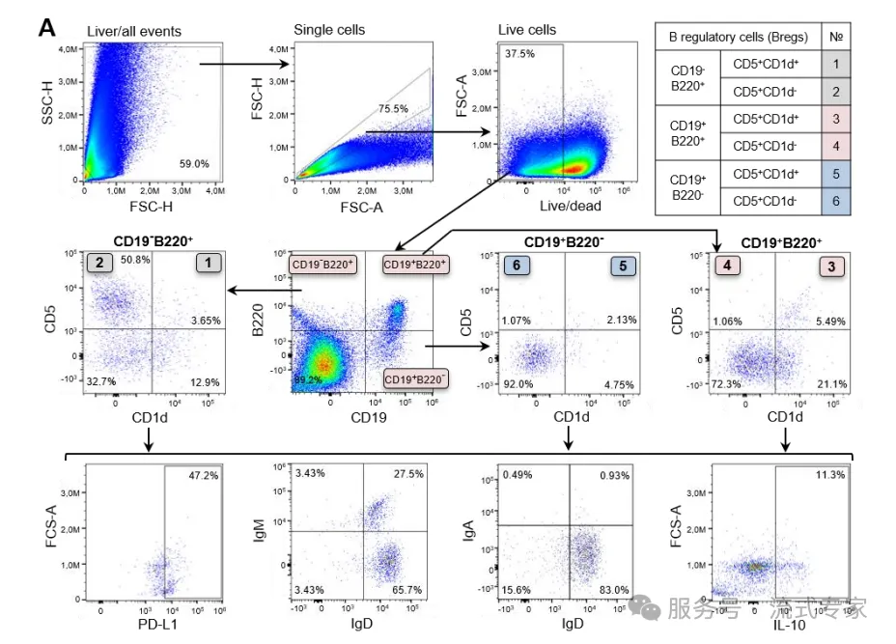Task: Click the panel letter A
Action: (47, 28)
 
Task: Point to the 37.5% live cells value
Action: (520, 54)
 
